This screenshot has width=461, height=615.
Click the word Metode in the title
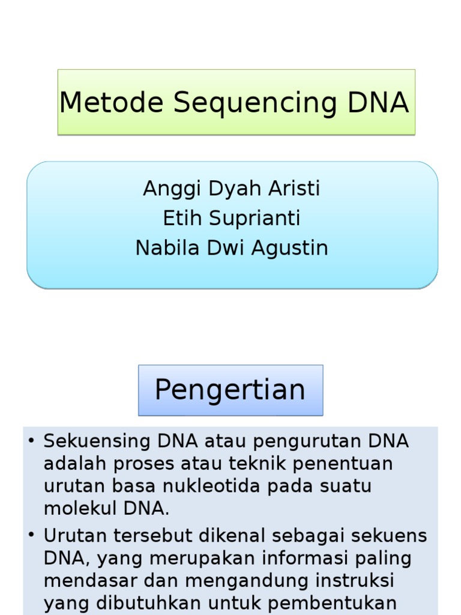111,103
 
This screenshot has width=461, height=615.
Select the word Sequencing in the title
255,103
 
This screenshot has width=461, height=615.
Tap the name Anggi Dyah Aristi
232,189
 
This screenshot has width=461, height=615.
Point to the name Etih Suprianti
232,218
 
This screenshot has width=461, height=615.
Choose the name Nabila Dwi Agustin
232,247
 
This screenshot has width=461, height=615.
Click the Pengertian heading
230,390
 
